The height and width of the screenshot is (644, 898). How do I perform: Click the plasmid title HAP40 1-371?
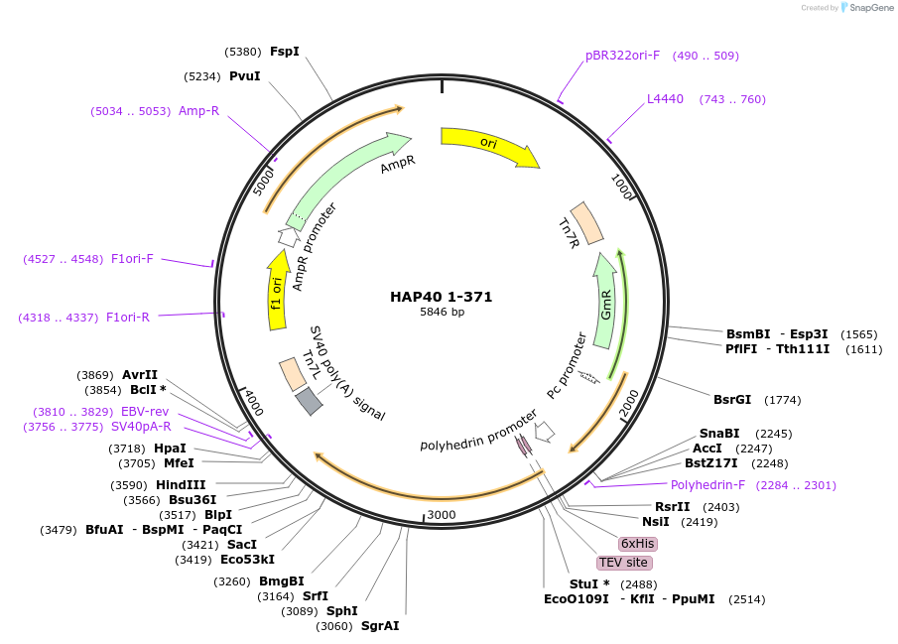(441, 297)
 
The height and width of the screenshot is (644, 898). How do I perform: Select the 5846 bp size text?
(442, 313)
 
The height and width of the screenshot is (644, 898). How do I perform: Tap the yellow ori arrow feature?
(488, 145)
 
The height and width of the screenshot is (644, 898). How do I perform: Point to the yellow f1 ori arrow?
(277, 288)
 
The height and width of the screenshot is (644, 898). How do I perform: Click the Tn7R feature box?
(586, 223)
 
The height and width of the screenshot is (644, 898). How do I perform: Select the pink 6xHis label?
(637, 544)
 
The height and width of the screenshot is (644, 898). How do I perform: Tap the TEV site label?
(623, 563)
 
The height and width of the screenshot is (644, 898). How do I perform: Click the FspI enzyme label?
(285, 51)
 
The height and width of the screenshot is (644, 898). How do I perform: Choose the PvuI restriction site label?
(244, 76)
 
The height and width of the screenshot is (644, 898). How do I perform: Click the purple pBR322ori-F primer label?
(622, 56)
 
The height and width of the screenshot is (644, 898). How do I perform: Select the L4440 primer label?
(665, 99)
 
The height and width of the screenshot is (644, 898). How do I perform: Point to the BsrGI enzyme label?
(732, 400)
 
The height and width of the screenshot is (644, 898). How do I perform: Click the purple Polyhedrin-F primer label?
(707, 485)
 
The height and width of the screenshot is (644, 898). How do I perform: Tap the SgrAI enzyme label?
(380, 626)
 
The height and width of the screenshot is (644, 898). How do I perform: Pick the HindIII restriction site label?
(180, 485)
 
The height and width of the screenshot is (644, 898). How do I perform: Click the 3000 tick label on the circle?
(441, 515)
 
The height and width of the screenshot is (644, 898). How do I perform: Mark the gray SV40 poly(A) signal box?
(309, 400)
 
